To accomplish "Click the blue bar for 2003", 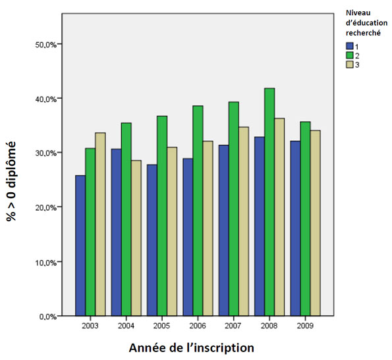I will (x=80, y=245).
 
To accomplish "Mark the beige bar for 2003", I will (x=100, y=224).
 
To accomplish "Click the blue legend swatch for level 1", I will (x=350, y=46).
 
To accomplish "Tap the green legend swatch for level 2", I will (x=350, y=55).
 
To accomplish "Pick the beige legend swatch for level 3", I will (x=350, y=64).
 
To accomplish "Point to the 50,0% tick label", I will (x=46, y=44).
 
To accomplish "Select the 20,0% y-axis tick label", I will (x=46, y=207).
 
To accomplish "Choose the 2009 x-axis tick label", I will (x=304, y=325).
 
